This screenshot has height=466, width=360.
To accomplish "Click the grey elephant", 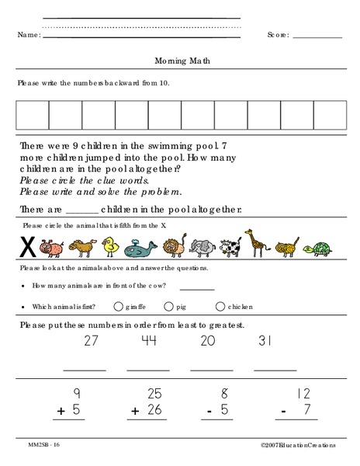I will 200,247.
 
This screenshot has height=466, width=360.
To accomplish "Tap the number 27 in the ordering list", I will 92,340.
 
